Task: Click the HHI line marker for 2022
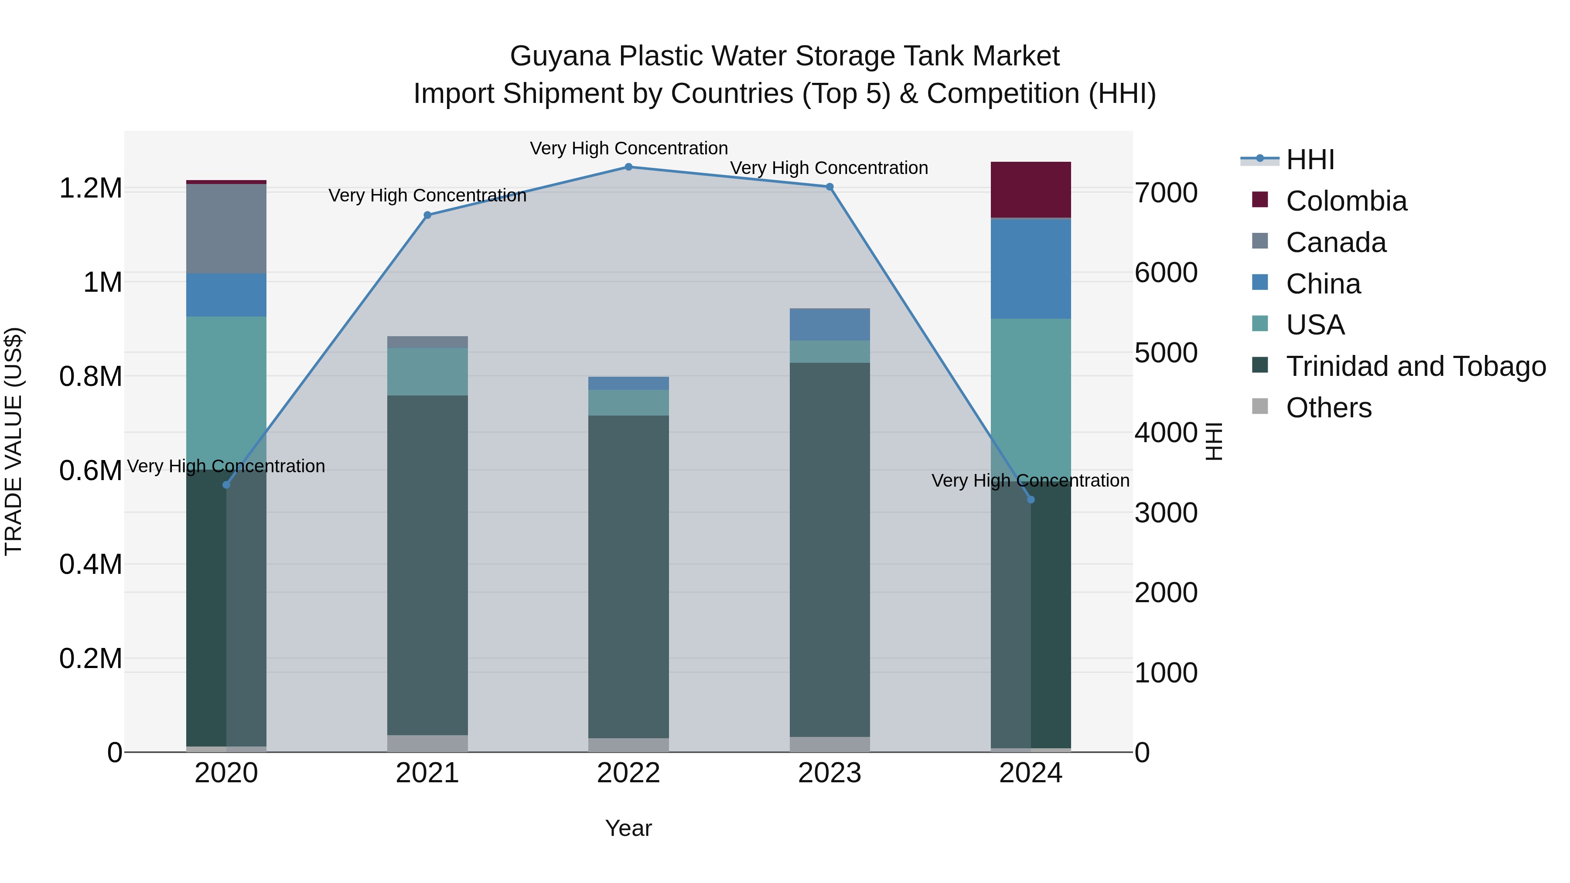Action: tap(628, 167)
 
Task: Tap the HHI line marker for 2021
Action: tap(427, 215)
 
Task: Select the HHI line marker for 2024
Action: tap(1031, 500)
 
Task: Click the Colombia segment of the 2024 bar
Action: tap(1031, 190)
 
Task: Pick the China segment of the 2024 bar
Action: tap(1031, 268)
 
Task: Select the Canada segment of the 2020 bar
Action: tap(226, 228)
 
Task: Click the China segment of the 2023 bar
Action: tap(829, 325)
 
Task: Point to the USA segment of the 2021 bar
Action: tap(427, 372)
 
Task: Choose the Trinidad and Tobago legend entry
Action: tap(1415, 366)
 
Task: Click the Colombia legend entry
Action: tap(1346, 201)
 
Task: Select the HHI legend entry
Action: tap(1310, 160)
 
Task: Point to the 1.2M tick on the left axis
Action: tap(91, 188)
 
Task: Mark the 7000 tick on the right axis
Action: tap(1166, 193)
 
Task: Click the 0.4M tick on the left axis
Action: tap(91, 564)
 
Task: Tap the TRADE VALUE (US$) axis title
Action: tap(14, 441)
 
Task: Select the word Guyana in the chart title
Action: tap(560, 56)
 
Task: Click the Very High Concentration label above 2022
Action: tap(628, 148)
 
